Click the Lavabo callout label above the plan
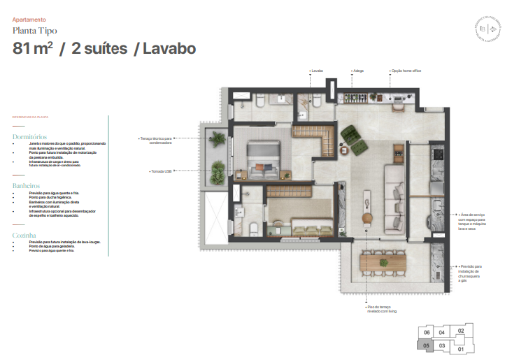tap(317, 71)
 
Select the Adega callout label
tap(359, 71)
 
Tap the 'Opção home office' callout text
tap(406, 71)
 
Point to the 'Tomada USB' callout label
tap(163, 171)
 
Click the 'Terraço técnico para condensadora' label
tap(156, 141)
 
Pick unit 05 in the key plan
tap(425, 345)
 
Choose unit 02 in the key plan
tap(460, 331)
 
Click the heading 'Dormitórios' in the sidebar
tap(30, 137)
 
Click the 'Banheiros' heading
tap(27, 186)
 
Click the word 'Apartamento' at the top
tap(29, 20)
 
